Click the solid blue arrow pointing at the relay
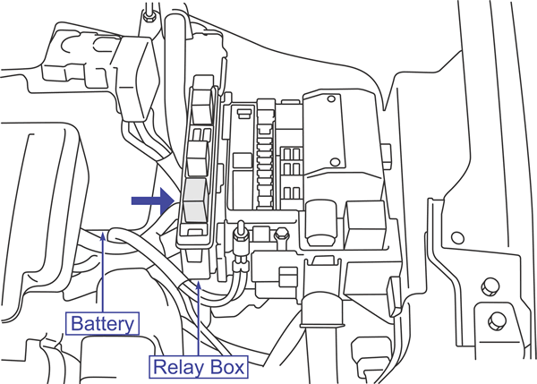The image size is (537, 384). (150, 201)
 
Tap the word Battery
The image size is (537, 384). (103, 322)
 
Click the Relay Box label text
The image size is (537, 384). (198, 365)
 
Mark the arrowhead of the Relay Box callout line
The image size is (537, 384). (198, 283)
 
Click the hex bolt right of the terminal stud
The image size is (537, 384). (282, 235)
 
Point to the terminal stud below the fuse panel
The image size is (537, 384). (240, 240)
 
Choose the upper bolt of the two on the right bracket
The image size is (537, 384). (489, 286)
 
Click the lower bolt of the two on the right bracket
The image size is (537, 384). (495, 317)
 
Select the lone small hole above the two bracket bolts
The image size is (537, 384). (457, 238)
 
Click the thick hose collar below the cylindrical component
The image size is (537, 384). (320, 310)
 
